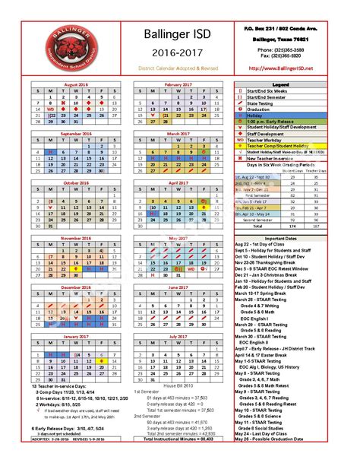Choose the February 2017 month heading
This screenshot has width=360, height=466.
point(176,84)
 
